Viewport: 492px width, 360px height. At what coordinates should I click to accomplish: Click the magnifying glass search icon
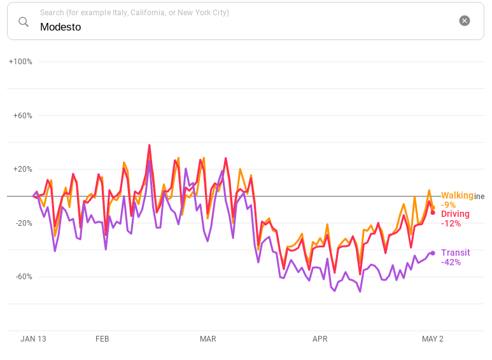click(x=24, y=22)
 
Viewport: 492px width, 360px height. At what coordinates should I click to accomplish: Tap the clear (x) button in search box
click(x=465, y=21)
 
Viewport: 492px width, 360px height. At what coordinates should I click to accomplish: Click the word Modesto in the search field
click(x=60, y=27)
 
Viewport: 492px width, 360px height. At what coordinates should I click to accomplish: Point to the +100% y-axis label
click(x=20, y=62)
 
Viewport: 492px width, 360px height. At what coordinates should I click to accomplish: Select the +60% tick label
click(x=22, y=116)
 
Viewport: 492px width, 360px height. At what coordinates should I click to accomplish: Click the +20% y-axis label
click(x=22, y=169)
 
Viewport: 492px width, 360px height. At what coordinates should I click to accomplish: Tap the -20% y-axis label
click(x=22, y=223)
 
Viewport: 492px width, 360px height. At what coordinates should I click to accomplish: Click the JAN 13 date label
click(x=33, y=339)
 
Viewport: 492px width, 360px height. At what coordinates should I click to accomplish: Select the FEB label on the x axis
click(x=102, y=339)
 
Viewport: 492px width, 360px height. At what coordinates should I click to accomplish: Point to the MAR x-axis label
click(x=208, y=339)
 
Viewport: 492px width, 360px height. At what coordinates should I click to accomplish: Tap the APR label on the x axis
click(x=320, y=339)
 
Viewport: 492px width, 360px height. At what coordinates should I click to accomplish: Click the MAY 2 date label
click(x=433, y=339)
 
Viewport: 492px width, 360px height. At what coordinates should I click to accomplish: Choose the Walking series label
click(x=457, y=195)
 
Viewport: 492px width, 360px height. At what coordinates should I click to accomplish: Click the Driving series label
click(x=455, y=214)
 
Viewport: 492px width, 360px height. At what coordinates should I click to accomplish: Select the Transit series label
click(x=455, y=253)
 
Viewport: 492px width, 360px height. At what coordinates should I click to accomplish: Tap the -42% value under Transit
click(x=451, y=262)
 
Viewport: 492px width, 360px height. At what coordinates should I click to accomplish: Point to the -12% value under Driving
click(x=451, y=223)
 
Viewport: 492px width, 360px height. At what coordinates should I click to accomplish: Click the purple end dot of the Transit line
click(x=433, y=253)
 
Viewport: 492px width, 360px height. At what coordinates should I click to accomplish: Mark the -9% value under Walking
click(x=448, y=205)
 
